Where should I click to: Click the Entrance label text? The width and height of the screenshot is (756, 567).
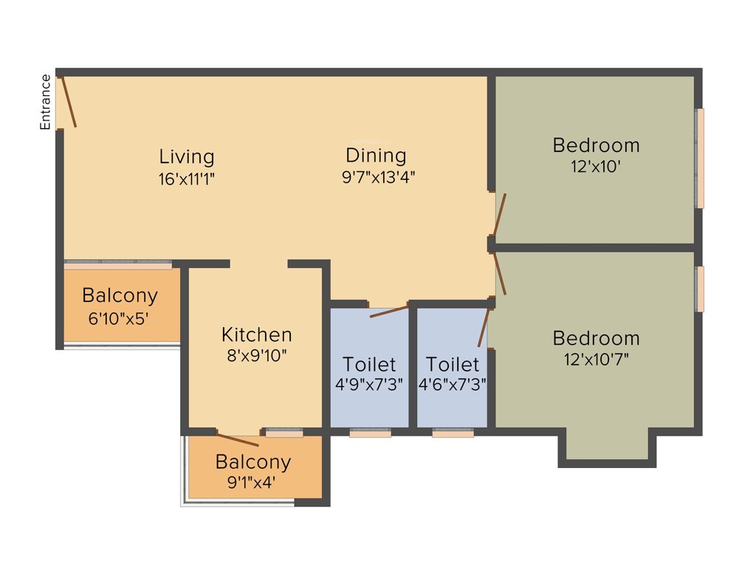pos(46,102)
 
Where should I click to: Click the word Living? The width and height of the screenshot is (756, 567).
pos(187,157)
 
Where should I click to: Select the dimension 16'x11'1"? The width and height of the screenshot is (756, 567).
pos(187,178)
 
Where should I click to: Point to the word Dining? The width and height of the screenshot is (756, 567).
pos(376,155)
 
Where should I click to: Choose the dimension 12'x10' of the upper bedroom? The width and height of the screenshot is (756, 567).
pos(595,167)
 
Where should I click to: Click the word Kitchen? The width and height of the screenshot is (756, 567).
pos(256,334)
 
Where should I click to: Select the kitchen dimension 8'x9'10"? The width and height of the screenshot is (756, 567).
pos(256,355)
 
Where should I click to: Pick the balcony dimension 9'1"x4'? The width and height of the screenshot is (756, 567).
pos(252,484)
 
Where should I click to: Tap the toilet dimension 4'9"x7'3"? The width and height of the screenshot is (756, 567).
pos(368,385)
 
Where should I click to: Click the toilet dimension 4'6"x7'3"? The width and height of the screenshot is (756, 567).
pos(452,385)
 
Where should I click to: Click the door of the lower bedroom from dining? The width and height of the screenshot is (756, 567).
pos(500,274)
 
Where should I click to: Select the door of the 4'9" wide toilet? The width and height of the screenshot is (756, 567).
pos(388,311)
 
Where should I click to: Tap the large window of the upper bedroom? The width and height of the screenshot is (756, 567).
pos(700,158)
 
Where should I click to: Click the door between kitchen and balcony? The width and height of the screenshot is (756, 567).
pos(238,439)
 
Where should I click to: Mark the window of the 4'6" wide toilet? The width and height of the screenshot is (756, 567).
pos(453,433)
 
